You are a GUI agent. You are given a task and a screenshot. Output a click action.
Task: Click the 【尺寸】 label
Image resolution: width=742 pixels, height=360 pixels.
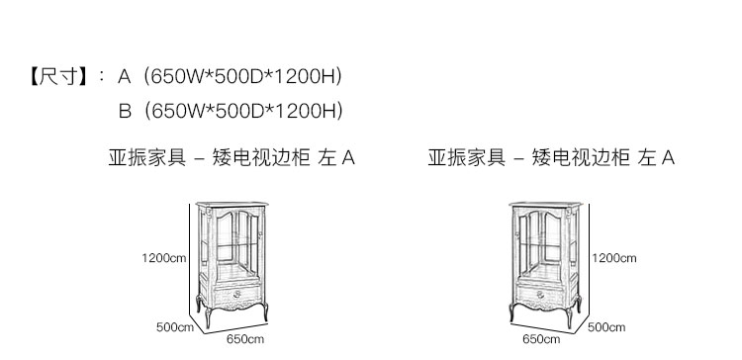point(58,76)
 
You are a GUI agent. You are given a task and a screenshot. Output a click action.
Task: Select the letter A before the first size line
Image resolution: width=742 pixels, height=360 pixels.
point(124,76)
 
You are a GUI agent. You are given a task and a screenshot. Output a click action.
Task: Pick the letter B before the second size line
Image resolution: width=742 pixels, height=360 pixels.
point(125,111)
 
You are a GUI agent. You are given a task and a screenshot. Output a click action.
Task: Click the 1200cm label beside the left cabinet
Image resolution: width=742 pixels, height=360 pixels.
point(163,258)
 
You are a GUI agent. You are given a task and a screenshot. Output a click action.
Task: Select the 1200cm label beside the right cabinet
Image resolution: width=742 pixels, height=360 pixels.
point(613,258)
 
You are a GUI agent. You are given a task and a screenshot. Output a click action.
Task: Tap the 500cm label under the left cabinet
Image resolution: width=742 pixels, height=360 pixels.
point(175,327)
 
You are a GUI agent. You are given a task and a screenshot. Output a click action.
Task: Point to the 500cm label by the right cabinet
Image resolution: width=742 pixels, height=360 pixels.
point(606,327)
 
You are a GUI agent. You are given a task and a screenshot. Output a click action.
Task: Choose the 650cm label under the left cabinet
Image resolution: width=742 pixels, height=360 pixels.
point(245,339)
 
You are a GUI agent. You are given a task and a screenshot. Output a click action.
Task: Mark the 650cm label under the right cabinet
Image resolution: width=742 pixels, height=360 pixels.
point(541,339)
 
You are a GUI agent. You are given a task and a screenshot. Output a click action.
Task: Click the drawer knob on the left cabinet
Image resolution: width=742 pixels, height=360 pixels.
point(236,295)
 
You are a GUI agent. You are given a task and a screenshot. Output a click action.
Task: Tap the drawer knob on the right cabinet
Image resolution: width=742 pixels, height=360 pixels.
point(540,295)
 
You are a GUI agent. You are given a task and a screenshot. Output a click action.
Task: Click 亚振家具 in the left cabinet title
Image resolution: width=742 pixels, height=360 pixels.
point(147,157)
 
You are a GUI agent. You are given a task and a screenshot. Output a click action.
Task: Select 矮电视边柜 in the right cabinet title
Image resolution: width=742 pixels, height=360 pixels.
point(581,157)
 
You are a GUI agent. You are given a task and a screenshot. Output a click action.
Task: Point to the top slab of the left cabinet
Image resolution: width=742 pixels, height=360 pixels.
point(232,205)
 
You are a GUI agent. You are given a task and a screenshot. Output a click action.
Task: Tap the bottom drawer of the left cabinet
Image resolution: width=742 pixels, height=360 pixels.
point(237,295)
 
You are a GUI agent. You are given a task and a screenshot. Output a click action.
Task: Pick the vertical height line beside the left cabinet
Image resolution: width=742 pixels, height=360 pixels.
point(190,258)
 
